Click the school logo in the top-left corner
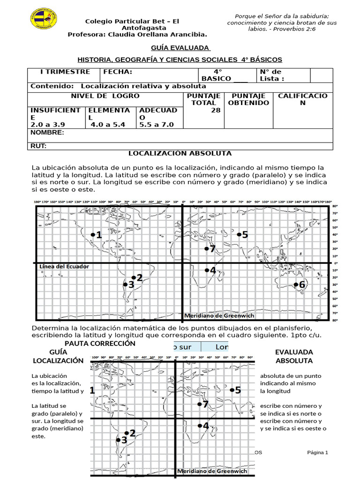point(44,17)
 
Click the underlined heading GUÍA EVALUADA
point(180,48)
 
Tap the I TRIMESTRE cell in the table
point(65,72)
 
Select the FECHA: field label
point(118,72)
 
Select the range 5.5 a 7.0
point(156,125)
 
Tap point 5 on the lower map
point(235,390)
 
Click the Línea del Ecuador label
point(64,266)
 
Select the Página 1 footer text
point(317,452)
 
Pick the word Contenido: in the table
point(52,86)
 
